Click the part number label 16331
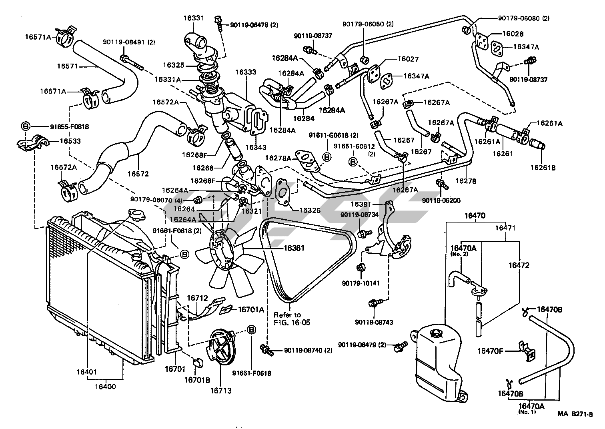point(194,18)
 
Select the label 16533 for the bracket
point(70,141)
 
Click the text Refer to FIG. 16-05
point(287,319)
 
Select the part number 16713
point(221,391)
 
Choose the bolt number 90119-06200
point(441,200)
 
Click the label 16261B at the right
point(543,167)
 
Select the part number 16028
point(514,34)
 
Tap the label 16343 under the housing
point(256,147)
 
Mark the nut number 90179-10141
point(361,283)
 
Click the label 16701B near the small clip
point(197,380)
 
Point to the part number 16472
point(519,265)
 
